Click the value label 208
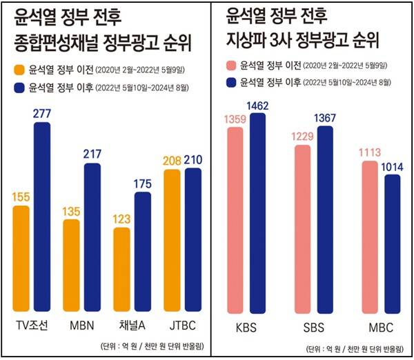pos(172,161)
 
